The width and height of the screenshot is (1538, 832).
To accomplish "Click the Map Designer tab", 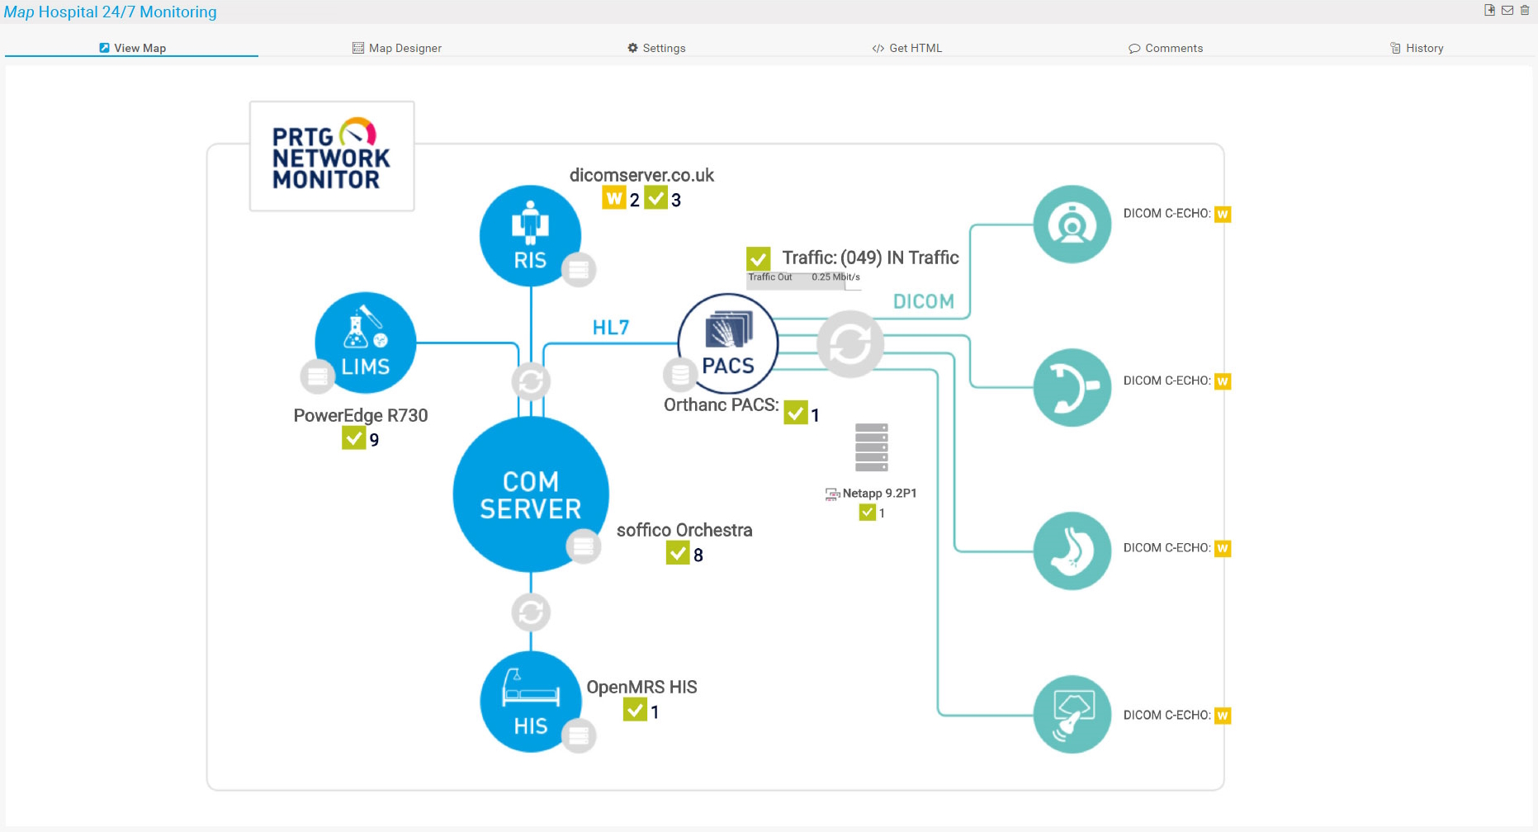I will coord(397,48).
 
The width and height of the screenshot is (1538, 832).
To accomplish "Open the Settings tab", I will coord(656,48).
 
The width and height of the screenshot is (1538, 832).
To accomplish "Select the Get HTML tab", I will coord(906,48).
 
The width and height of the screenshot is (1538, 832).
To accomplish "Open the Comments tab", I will coord(1166,48).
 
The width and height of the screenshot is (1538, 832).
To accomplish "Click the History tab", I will coord(1417,48).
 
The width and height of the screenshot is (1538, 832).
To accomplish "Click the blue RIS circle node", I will coord(530,235).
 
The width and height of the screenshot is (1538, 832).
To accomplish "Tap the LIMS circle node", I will coord(365,342).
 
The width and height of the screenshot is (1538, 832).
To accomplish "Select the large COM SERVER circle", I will coord(531,494).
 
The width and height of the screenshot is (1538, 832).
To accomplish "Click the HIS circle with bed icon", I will coord(530,702).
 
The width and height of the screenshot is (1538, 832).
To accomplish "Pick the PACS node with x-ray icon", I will coord(727,343).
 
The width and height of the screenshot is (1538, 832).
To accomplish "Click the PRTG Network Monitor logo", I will coord(332,156).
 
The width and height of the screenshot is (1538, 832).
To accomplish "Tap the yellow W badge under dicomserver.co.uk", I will coord(613,198).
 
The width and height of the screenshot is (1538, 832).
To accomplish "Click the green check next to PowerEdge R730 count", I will coord(353,437).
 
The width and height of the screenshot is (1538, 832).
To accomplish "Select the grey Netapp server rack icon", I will coord(871,447).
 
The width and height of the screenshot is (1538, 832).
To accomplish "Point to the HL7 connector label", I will coord(611,328).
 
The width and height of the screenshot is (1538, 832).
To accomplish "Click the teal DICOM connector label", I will coord(923,301).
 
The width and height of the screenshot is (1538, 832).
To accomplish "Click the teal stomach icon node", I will coord(1072,551).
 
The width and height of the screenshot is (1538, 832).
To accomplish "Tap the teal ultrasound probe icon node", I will coord(1072,714).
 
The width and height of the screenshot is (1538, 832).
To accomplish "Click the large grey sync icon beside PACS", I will coord(849,343).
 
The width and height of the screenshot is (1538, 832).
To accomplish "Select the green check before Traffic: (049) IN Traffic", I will coord(758,258).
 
